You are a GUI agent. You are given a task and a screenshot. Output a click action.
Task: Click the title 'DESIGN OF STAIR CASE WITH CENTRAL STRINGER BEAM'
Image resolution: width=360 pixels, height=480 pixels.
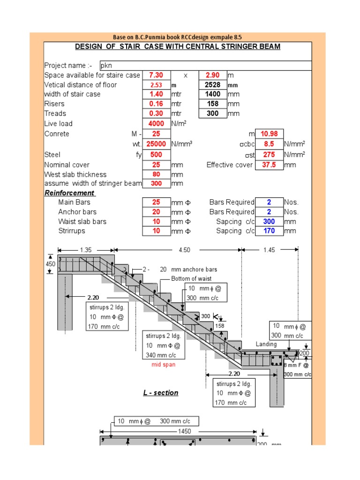pos(178,46)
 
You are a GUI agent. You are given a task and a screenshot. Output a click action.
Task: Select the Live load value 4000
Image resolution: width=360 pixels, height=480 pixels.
pos(156,124)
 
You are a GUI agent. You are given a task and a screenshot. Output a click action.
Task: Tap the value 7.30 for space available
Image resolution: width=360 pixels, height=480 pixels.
pos(156,75)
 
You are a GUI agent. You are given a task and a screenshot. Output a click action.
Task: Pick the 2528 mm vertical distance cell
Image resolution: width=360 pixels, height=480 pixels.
pos(212,85)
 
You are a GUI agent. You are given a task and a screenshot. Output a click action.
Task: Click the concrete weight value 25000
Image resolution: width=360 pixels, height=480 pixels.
pos(156,144)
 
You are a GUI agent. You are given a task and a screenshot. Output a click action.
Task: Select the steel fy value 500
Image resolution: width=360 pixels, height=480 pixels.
pos(156,154)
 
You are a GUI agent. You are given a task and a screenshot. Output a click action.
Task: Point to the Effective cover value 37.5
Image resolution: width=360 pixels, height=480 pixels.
pos(269,165)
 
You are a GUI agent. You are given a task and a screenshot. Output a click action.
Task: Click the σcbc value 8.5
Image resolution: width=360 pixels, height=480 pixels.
pos(269,144)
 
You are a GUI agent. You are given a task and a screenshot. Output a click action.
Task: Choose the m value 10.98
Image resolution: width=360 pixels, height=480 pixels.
pos(269,134)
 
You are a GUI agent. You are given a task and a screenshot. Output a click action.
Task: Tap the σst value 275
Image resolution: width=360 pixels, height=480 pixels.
pos(269,154)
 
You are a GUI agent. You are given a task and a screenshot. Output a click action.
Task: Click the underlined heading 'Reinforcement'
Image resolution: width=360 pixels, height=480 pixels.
pos(70,193)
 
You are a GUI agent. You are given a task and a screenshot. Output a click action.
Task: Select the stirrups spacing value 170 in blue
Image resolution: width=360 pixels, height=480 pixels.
pos(269,231)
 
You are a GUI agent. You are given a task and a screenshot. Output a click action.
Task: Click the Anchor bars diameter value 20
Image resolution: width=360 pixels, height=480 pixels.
pos(156,212)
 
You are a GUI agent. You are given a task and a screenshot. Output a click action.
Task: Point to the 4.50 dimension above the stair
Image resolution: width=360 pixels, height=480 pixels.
pos(184,250)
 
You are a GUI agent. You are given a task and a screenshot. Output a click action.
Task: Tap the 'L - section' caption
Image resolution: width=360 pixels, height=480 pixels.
pos(161,393)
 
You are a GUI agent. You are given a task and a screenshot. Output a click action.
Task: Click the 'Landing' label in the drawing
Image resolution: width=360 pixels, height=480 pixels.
pos(266,344)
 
